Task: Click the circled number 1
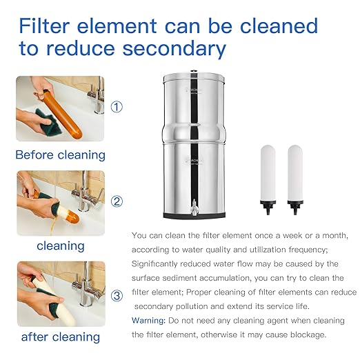click(x=117, y=107)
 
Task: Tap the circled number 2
click(x=117, y=201)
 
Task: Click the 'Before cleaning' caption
click(x=60, y=154)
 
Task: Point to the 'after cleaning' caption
click(x=60, y=337)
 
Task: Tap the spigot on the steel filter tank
click(x=194, y=206)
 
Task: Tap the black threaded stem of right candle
click(x=296, y=206)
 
